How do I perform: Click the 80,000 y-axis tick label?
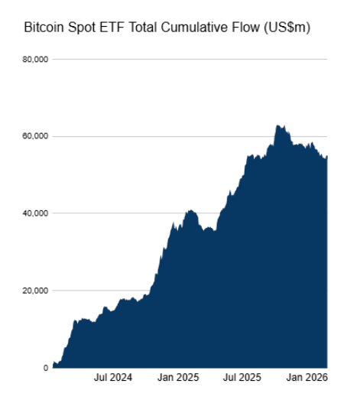click(x=36, y=59)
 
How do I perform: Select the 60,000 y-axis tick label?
click(x=36, y=136)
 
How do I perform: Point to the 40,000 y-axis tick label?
click(x=36, y=213)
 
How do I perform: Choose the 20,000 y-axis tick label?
click(x=36, y=291)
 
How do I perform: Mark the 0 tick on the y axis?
click(x=46, y=368)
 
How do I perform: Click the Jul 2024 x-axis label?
click(x=113, y=378)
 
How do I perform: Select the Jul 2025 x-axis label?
click(x=241, y=378)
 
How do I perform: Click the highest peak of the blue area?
click(x=277, y=125)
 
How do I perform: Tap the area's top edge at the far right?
click(x=326, y=157)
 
